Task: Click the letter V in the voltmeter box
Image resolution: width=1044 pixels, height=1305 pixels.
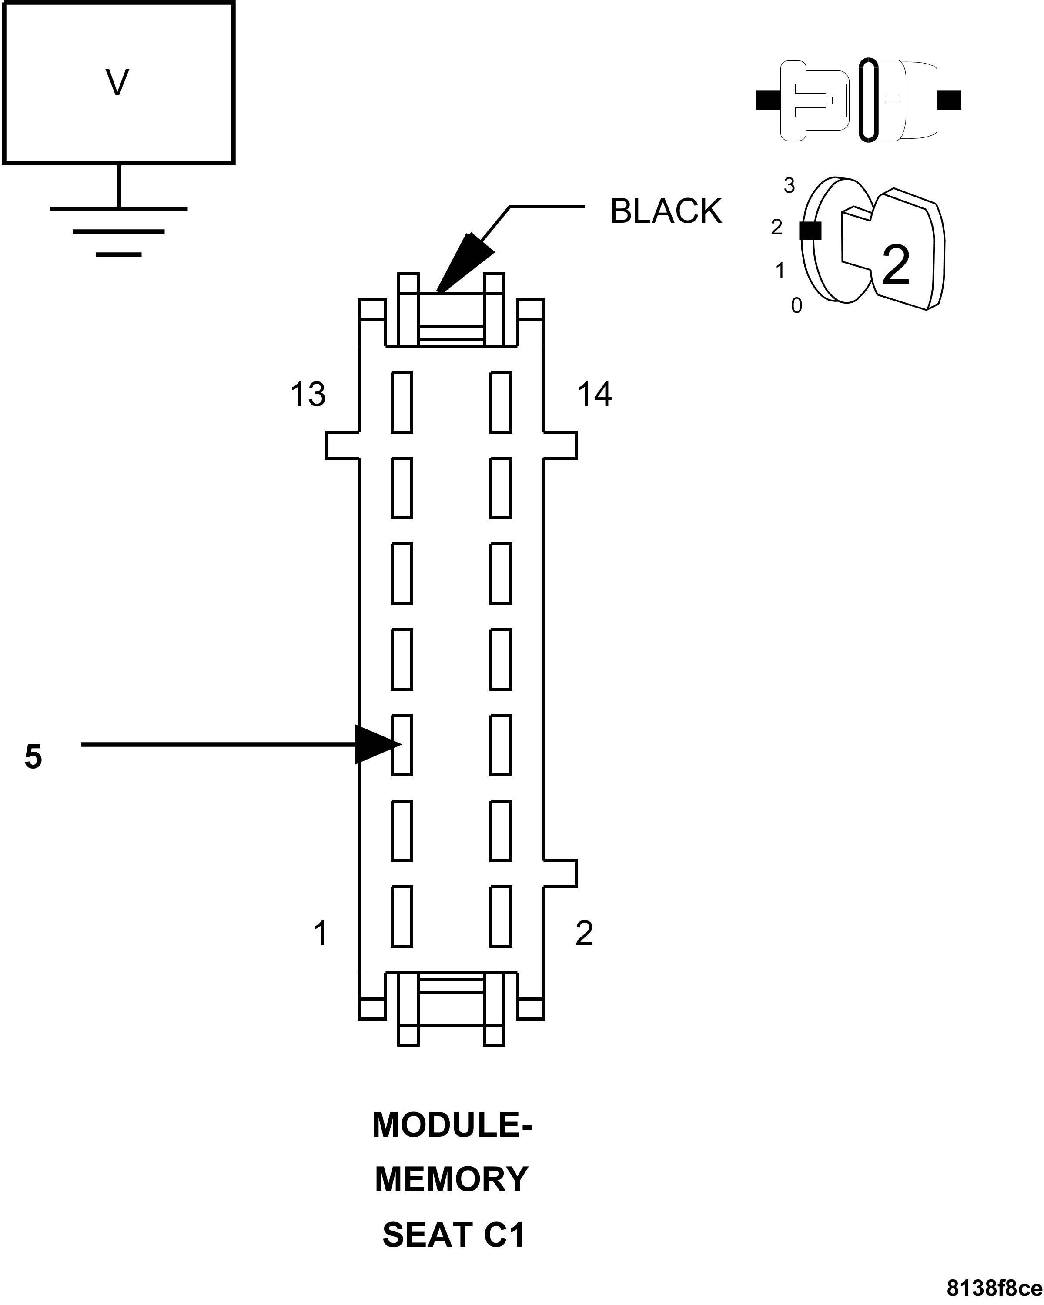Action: click(117, 83)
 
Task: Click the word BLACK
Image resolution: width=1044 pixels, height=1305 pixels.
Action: click(666, 211)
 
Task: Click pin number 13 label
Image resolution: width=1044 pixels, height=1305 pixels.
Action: click(308, 394)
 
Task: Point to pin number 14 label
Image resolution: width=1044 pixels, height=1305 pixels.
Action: click(594, 394)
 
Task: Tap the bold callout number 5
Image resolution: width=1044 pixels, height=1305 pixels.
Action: click(33, 756)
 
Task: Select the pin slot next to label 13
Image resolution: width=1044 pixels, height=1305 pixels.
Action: click(402, 402)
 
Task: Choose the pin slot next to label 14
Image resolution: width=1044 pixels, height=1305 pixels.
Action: click(501, 402)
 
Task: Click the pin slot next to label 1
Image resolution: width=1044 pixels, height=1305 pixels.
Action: click(402, 917)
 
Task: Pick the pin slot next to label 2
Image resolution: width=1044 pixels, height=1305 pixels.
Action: click(501, 917)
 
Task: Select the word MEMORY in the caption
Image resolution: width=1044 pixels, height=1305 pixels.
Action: click(452, 1179)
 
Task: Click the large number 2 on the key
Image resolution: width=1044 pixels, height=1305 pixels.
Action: click(896, 265)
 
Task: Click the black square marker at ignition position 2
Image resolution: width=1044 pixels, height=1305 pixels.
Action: click(810, 230)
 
